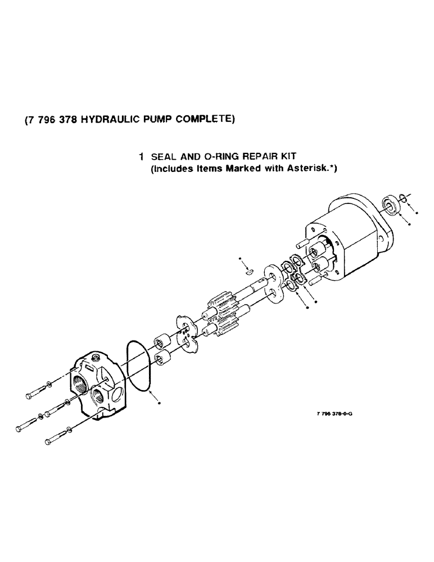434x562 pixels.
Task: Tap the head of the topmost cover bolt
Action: click(28, 397)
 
